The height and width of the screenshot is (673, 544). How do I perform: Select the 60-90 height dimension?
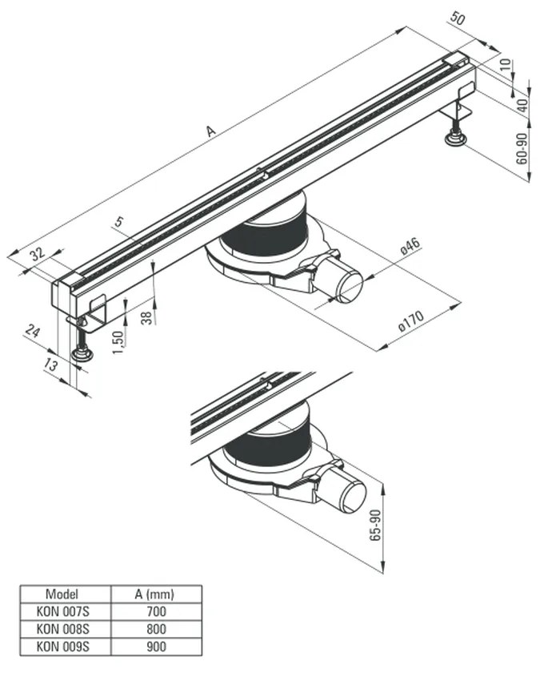[x=522, y=150]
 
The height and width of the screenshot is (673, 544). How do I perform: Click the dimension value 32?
[x=36, y=256]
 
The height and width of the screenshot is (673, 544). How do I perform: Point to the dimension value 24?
[x=31, y=332]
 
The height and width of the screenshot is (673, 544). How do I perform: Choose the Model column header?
[x=62, y=594]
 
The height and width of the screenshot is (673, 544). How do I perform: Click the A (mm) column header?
[x=153, y=594]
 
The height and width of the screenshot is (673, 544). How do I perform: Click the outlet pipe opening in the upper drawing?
[x=350, y=287]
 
